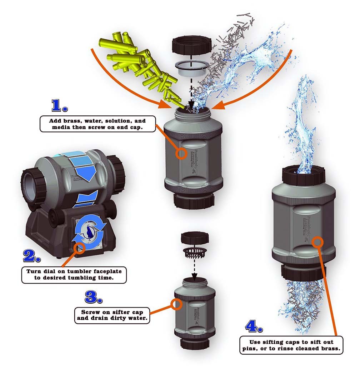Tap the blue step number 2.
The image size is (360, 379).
click(x=33, y=256)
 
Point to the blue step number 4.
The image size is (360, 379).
click(x=254, y=326)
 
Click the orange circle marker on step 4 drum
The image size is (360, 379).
click(x=318, y=241)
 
